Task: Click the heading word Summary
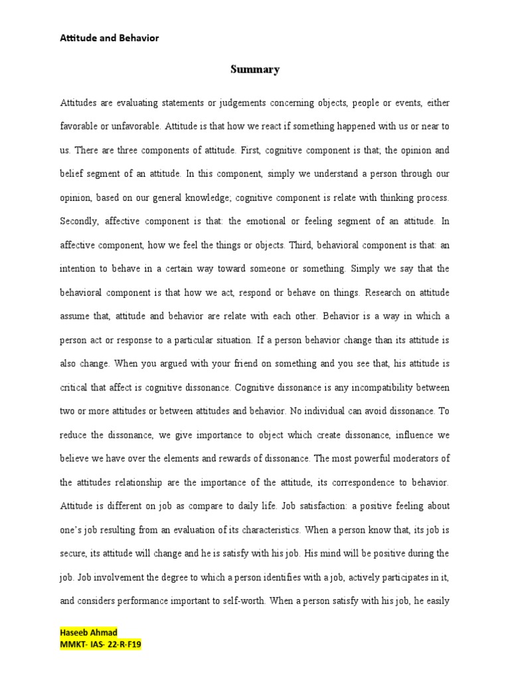(x=255, y=69)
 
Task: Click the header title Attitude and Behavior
(x=110, y=38)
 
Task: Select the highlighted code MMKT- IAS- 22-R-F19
(x=100, y=644)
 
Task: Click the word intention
(x=78, y=269)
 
